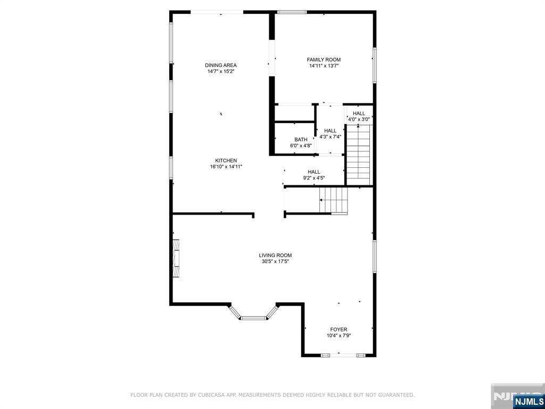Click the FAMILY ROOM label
point(323,60)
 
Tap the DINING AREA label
point(221,65)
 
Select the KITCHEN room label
point(226,160)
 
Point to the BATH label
point(301,140)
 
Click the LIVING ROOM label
point(275,255)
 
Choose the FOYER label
point(338,329)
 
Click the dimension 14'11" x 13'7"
point(323,66)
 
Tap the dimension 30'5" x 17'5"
point(275,261)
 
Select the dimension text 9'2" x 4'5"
point(314,178)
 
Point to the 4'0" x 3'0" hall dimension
point(359,119)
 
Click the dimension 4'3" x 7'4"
point(330,137)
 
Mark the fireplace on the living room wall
point(176,258)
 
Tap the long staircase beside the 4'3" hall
point(359,155)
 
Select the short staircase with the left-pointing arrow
point(334,200)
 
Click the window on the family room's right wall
point(375,66)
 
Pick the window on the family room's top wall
point(292,12)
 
